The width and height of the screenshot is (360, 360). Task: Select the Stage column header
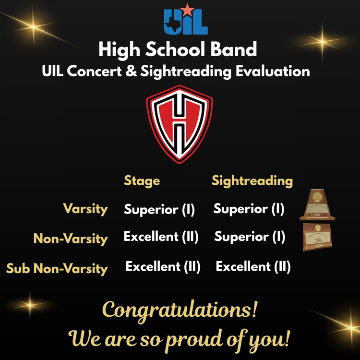(142, 181)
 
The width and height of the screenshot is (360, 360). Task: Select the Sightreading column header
(252, 181)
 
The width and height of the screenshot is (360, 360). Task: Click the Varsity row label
(85, 209)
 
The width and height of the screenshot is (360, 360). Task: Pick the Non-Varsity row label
(71, 238)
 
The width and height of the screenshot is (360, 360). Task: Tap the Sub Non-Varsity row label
(57, 268)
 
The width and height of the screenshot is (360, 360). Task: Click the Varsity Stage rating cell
(159, 210)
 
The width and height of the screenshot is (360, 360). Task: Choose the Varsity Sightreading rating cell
(249, 209)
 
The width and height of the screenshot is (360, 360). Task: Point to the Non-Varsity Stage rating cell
(161, 237)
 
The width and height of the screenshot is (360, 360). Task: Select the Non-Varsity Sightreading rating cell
(250, 237)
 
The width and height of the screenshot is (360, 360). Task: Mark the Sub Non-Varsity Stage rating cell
(163, 266)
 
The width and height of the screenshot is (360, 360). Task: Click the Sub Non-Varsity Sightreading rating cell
(253, 266)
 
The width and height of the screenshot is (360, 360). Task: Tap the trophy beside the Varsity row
(317, 205)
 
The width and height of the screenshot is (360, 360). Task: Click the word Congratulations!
(180, 311)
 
